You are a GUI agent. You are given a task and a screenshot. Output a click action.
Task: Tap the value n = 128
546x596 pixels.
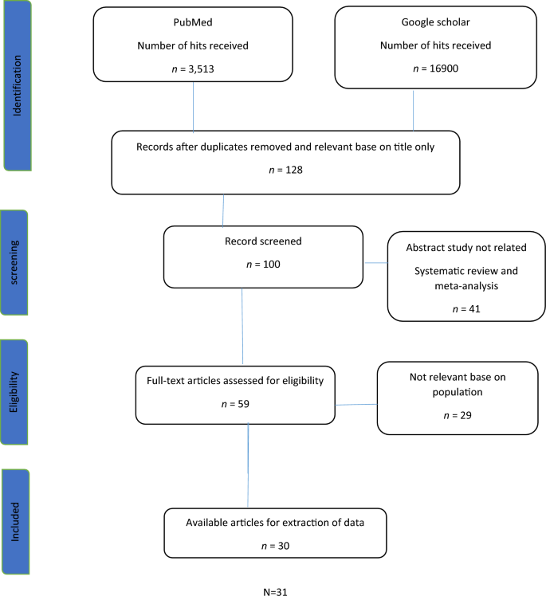[x=285, y=170]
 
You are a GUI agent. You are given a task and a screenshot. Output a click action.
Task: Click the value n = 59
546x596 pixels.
[x=235, y=403]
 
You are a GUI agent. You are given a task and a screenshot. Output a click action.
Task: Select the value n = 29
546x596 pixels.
[x=457, y=415]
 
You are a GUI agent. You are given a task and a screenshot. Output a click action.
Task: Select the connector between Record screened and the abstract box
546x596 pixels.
[x=375, y=262]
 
